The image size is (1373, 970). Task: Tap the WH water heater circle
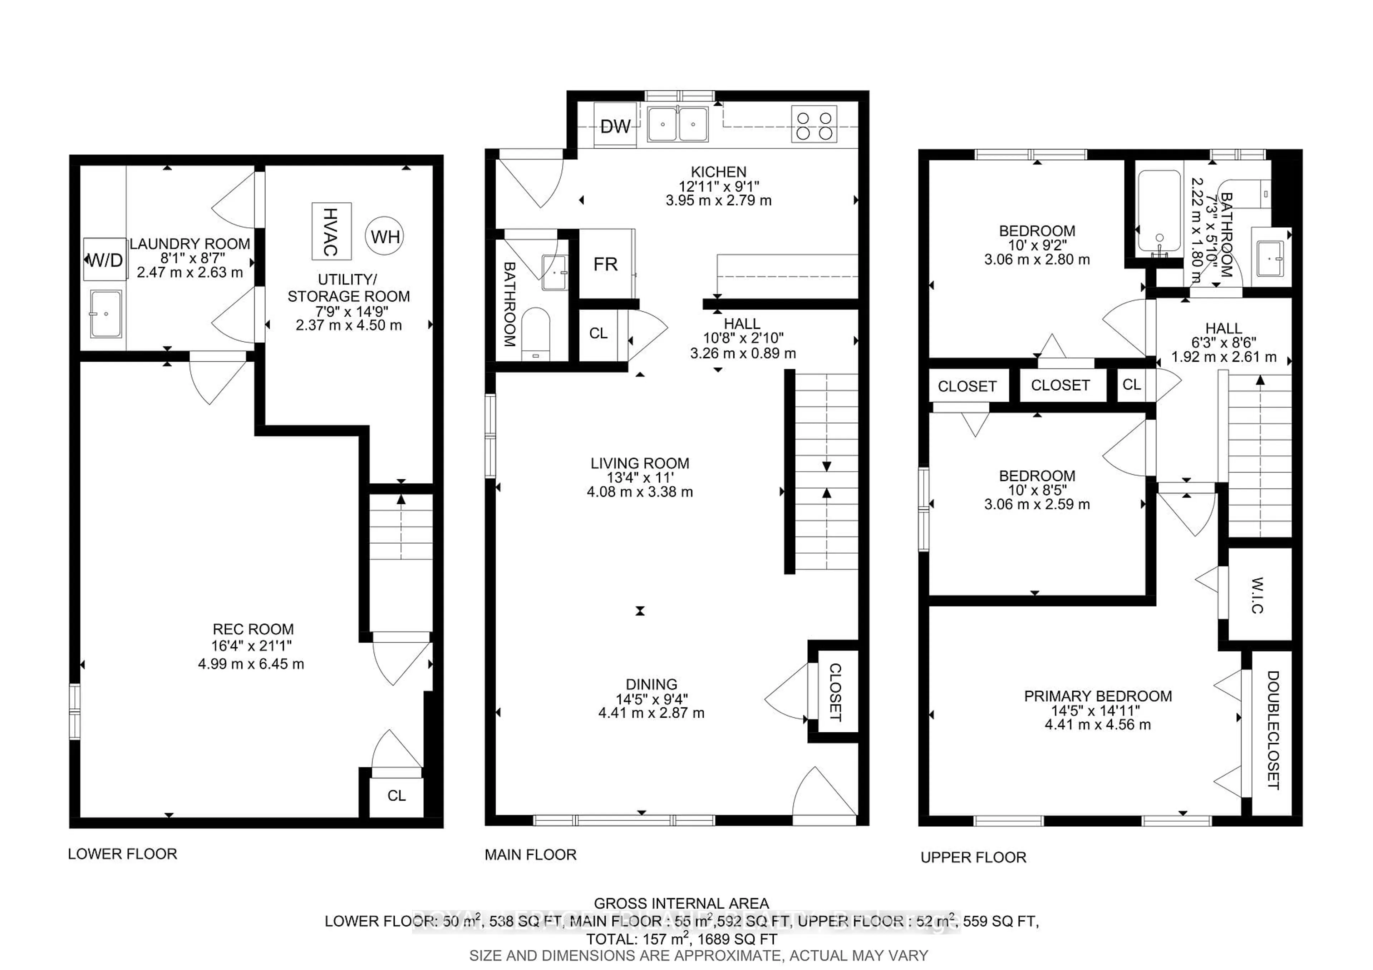[384, 237]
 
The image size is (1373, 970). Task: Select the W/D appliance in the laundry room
[105, 259]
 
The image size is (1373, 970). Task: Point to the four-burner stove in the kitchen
[814, 124]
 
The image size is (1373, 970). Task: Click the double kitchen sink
[678, 124]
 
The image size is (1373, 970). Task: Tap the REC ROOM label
[253, 629]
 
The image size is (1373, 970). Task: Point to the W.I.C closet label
[1256, 595]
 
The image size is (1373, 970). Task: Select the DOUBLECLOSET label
[1273, 730]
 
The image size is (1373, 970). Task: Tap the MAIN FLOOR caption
[530, 855]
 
